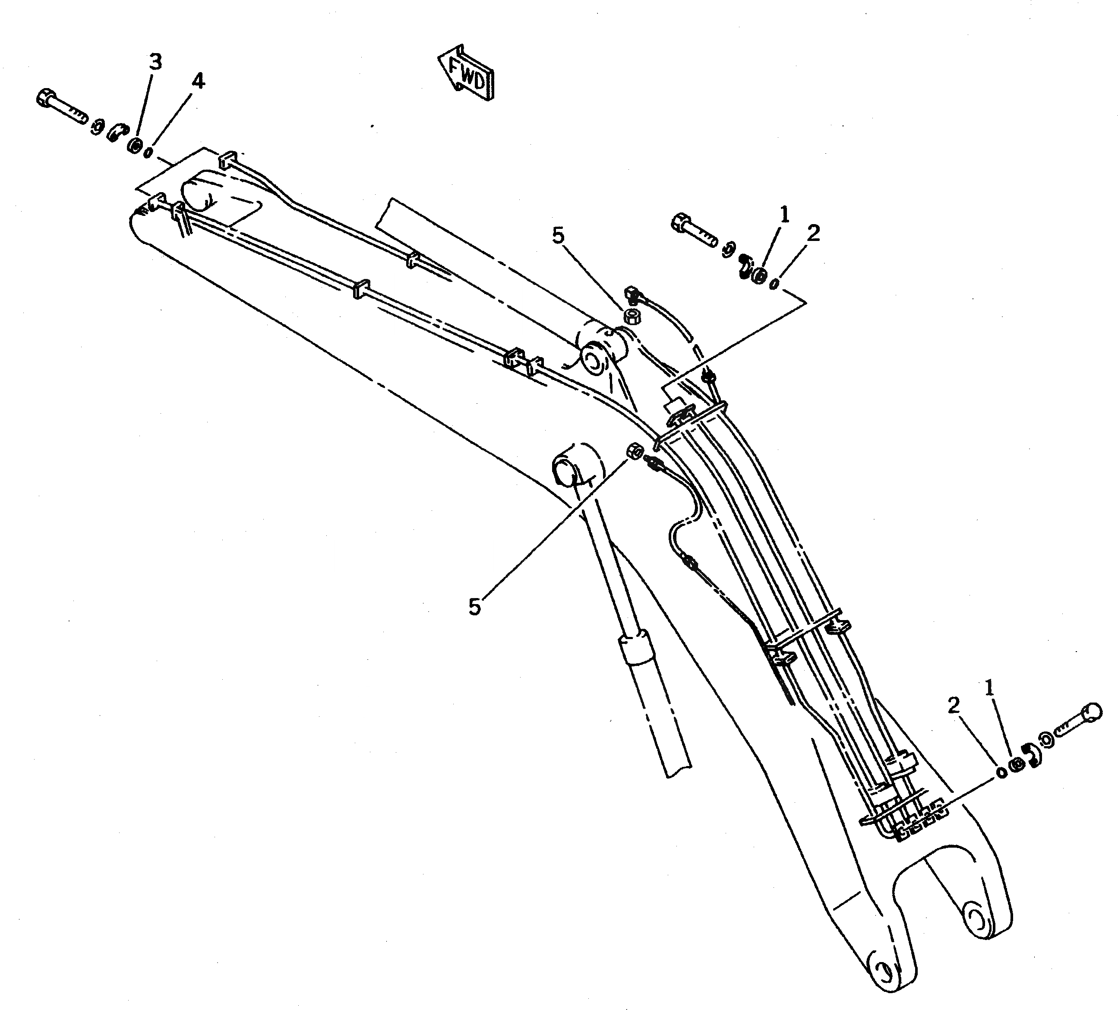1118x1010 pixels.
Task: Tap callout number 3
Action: click(155, 62)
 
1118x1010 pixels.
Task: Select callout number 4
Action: click(198, 82)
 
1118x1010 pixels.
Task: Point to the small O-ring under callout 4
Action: click(148, 152)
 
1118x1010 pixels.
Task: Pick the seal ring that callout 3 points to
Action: click(134, 146)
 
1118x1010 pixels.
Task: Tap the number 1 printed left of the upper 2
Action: click(783, 214)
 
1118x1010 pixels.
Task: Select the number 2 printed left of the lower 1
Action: click(953, 706)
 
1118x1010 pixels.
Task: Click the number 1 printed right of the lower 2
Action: click(989, 688)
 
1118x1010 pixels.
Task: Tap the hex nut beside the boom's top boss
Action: click(631, 317)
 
